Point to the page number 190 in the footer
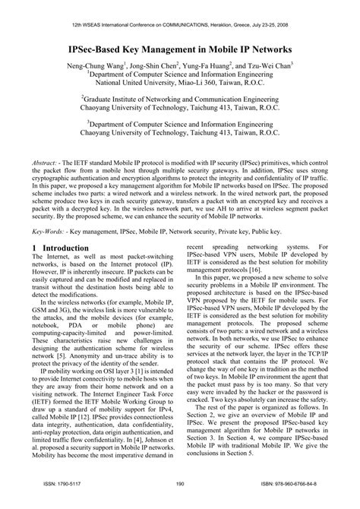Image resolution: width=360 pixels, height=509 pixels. pos(180,502)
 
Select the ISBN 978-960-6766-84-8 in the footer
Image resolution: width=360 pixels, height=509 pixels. pos(293,502)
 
